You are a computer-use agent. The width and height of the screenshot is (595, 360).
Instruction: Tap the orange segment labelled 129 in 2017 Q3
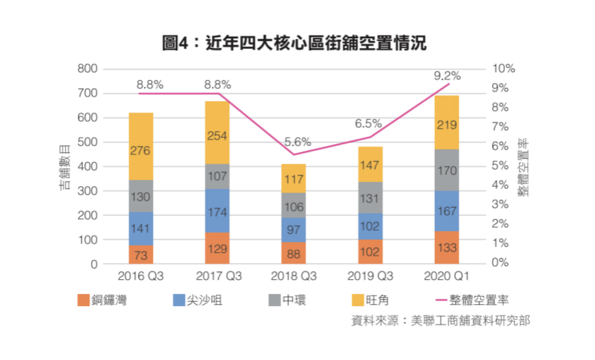tap(217, 248)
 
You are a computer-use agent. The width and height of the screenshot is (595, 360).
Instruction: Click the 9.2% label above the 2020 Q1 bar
tap(447, 75)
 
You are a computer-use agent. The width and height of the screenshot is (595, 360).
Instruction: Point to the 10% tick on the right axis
tap(504, 69)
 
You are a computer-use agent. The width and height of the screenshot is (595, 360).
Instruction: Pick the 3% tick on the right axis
tap(501, 204)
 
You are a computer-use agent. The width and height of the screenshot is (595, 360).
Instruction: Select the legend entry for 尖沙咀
tap(192, 300)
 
